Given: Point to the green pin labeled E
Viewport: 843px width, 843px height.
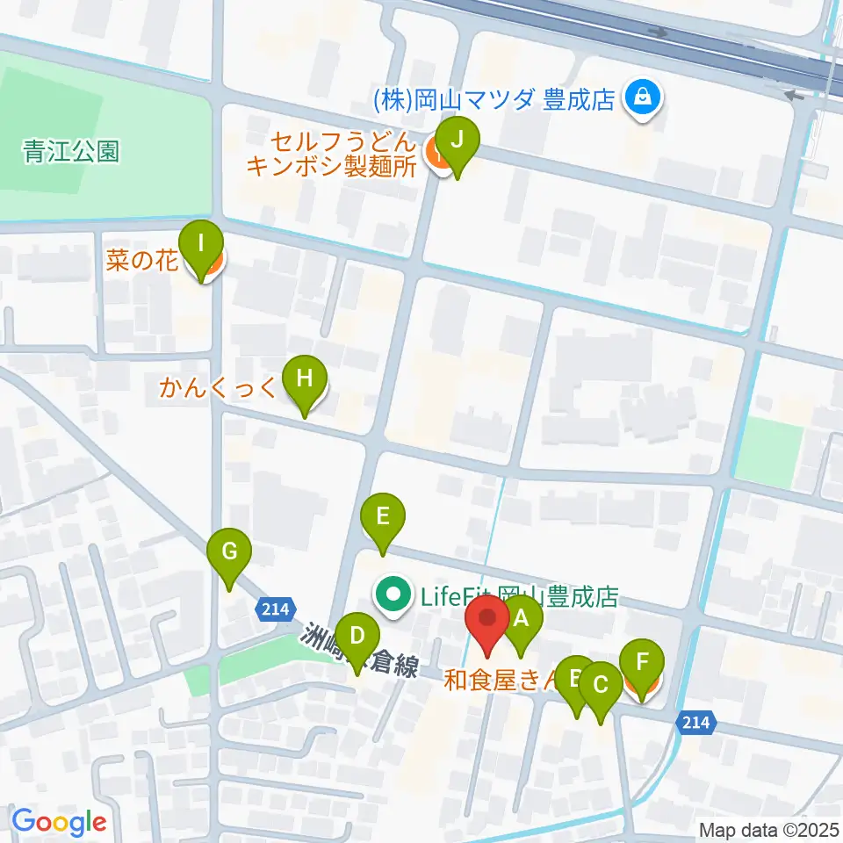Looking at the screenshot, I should pos(383,519).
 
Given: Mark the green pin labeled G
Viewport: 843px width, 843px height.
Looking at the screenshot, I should pos(229,556).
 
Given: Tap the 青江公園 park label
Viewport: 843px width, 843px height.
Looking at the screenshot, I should pos(71,152).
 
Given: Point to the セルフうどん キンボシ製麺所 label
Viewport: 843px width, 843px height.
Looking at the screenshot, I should pos(331,155).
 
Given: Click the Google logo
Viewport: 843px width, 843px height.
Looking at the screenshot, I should pos(59,822).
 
